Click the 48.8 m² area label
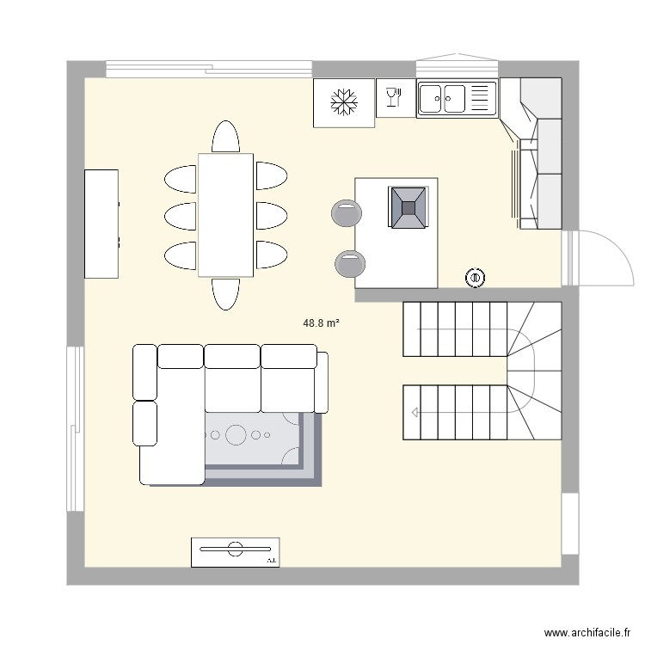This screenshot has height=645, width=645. [321, 323]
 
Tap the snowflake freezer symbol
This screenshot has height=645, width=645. [344, 103]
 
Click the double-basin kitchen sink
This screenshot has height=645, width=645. [457, 98]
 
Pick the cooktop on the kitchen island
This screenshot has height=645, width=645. [408, 207]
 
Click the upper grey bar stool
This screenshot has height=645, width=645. [346, 212]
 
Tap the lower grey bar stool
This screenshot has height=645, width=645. [349, 264]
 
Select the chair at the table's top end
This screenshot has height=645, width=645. [225, 138]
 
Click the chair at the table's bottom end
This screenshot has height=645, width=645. [225, 292]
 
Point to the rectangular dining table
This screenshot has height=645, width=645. [225, 215]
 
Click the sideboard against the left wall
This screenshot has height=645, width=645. [101, 224]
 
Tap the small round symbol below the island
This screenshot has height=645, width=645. [474, 277]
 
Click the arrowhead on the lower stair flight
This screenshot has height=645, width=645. [415, 413]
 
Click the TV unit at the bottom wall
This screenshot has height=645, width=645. [235, 552]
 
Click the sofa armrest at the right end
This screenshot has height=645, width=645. [322, 382]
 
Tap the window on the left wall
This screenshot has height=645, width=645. [76, 428]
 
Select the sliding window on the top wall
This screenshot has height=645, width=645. [209, 69]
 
